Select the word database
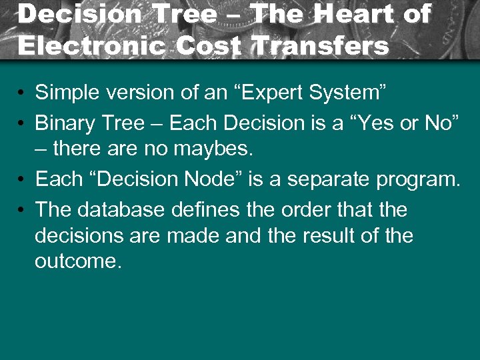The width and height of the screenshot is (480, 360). tap(121, 210)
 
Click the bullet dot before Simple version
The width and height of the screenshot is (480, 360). tap(23, 93)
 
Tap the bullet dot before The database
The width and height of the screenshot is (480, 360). tap(23, 211)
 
